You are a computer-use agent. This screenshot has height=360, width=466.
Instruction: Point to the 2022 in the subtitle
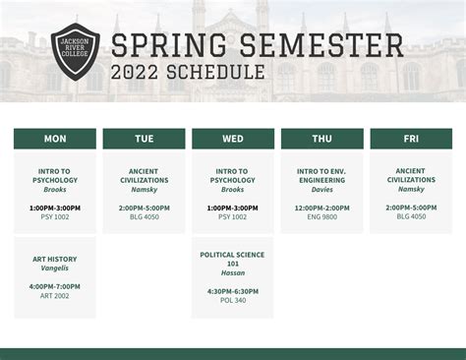tap(135, 72)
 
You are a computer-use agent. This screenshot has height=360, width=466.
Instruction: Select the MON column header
tap(55, 139)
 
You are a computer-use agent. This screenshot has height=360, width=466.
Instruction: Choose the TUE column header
tap(144, 139)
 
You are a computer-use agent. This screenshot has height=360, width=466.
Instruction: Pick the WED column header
tap(233, 139)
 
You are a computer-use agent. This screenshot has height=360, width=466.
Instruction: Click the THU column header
tap(321, 139)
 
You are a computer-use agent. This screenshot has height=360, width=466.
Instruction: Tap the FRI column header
tap(411, 139)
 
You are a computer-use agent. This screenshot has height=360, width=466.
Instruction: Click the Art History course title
tap(55, 260)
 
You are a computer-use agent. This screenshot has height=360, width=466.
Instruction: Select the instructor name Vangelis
tap(55, 269)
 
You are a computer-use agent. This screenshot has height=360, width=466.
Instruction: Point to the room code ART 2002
tap(55, 295)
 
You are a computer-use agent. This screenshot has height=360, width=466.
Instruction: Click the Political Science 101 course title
tap(233, 260)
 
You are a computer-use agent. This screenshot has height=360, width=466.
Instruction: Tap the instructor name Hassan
tap(233, 273)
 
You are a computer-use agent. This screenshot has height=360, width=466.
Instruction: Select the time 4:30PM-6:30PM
tap(233, 291)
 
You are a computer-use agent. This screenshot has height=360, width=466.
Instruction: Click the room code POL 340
tap(233, 300)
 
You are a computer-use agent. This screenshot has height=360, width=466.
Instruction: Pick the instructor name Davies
tap(321, 189)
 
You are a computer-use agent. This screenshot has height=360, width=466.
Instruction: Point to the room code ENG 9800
tap(321, 216)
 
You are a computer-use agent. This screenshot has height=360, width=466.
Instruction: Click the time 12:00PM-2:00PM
tap(321, 208)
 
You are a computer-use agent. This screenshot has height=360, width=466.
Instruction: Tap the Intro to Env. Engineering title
tap(321, 175)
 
